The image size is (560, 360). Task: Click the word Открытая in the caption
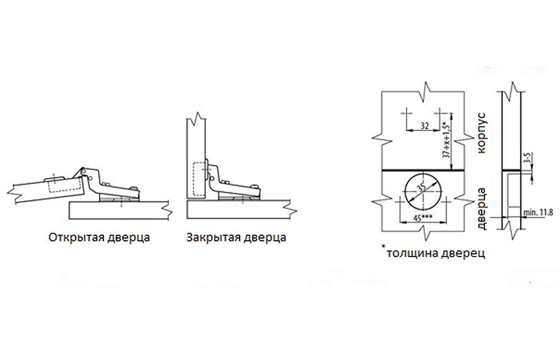76,237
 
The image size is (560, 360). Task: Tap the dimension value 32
424,126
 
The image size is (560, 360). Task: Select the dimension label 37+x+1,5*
447,140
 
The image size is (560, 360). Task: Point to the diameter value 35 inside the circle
422,188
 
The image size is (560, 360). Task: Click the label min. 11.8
538,213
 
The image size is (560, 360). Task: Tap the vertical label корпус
482,133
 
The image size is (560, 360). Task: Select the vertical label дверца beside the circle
482,209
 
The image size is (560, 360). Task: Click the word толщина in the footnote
412,254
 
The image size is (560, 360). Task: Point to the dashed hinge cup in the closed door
199,180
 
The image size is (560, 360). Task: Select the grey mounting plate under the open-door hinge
120,199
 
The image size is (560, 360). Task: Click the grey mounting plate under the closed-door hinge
239,198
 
